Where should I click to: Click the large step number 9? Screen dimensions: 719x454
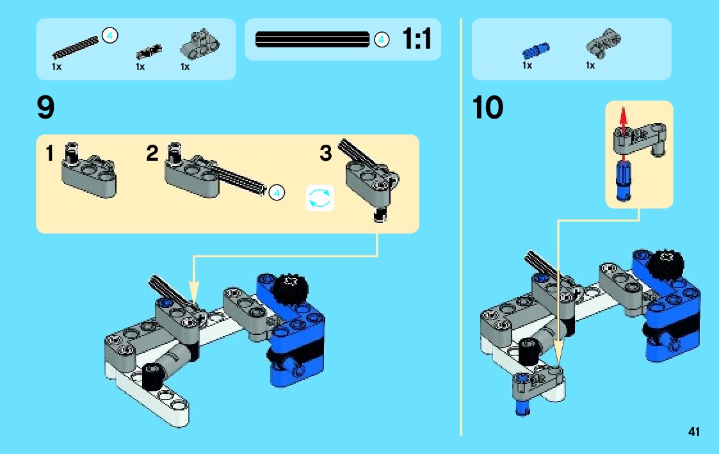tap(45, 108)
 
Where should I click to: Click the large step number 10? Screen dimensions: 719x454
tap(487, 108)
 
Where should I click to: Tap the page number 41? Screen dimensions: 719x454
tap(694, 432)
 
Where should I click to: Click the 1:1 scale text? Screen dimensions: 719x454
tap(417, 38)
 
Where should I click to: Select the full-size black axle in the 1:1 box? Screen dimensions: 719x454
tap(312, 40)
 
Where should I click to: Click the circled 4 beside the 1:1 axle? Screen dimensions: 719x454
tap(381, 40)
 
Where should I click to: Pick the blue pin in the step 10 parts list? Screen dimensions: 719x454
tap(536, 49)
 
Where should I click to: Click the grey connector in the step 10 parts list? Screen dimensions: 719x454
tap(603, 43)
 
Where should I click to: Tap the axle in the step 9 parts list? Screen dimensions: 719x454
tap(76, 47)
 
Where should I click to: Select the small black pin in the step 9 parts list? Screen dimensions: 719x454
tap(149, 51)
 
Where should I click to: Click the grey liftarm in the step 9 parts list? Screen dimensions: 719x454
tap(200, 44)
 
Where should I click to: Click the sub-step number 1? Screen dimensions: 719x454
tap(49, 153)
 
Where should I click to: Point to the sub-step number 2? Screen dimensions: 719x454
tap(152, 153)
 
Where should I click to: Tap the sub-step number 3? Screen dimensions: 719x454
tap(326, 153)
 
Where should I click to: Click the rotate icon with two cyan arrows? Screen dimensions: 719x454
tap(319, 198)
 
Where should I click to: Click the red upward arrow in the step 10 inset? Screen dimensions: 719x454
tap(623, 117)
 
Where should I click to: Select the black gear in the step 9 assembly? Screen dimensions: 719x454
tap(290, 289)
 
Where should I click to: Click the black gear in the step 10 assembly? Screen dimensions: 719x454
tap(666, 264)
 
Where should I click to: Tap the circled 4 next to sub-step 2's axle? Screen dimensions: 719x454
tap(277, 193)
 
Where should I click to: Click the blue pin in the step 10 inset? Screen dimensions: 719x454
tap(623, 180)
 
